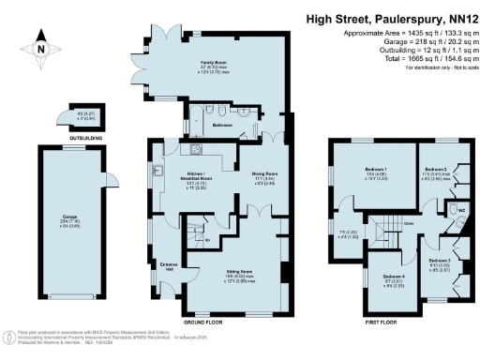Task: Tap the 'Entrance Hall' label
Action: [169, 266]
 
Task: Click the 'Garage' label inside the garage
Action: [70, 219]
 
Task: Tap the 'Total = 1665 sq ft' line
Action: [417, 58]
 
